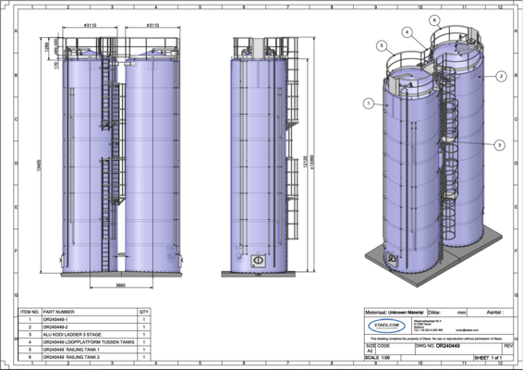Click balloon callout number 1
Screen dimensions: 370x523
368,103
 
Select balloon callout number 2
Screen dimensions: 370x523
500,76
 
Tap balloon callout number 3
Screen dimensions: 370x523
499,145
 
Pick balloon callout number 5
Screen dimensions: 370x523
381,45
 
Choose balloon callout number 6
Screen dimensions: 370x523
434,19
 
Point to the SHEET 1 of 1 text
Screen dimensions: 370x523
492,356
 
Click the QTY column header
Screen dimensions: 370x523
143,312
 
